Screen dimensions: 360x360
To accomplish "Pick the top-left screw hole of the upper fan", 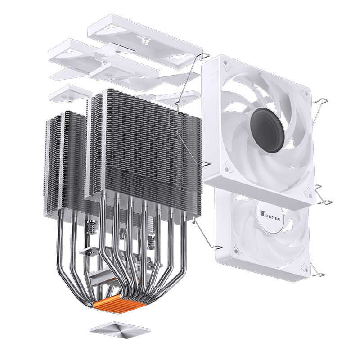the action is [x=225, y=62].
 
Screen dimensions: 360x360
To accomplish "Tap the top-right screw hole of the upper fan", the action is [x=306, y=93].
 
